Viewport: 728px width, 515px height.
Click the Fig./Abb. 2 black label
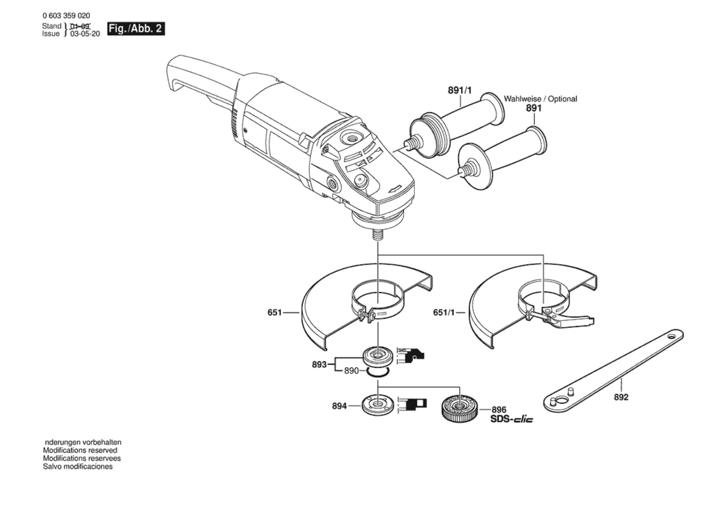click(136, 29)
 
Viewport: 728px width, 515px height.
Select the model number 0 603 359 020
click(66, 16)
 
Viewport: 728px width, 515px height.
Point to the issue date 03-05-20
click(85, 34)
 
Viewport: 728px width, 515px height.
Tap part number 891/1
click(459, 91)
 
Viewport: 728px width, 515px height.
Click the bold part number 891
click(534, 108)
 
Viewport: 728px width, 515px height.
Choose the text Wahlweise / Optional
click(540, 99)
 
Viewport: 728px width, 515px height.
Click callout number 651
click(274, 313)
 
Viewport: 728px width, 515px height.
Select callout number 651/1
click(444, 313)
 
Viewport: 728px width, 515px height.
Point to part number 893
click(319, 364)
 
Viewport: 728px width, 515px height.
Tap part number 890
click(351, 370)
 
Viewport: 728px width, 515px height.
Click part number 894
click(339, 406)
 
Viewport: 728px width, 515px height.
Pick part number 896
click(499, 410)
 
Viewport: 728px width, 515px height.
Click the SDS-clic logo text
click(511, 419)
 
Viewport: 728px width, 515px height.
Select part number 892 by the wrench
click(621, 397)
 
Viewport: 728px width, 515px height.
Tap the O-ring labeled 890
click(378, 372)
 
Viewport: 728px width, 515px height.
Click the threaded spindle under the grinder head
click(378, 235)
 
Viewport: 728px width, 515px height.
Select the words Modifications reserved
click(80, 450)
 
